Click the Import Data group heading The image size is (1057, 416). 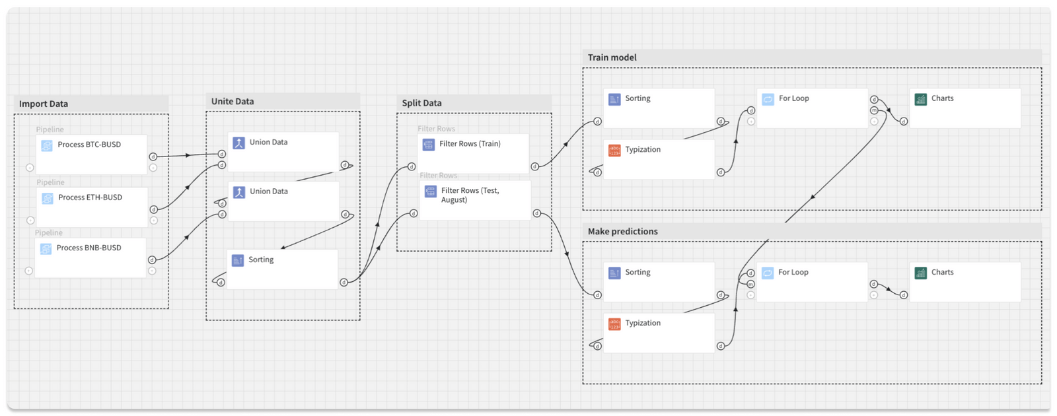(44, 104)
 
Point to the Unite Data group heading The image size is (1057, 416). (233, 101)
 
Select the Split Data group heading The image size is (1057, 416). (422, 103)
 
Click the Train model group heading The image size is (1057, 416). (612, 57)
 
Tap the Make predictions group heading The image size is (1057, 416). (623, 231)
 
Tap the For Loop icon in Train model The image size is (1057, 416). (768, 99)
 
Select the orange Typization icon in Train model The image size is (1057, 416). (614, 150)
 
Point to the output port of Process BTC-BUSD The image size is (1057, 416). (153, 156)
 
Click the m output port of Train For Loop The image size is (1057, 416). (874, 110)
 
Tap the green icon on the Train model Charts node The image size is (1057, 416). (921, 99)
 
